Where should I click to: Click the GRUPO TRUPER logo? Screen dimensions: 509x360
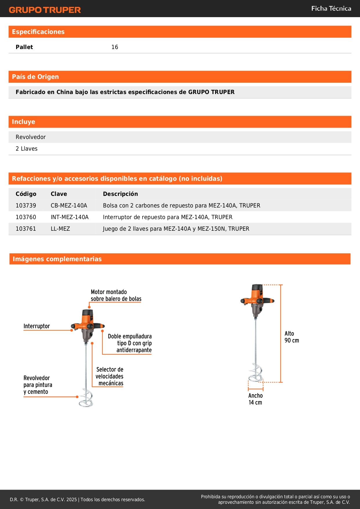pos(45,10)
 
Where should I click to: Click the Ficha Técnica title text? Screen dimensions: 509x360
pos(331,9)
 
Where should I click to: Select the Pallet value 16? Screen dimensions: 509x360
pos(115,47)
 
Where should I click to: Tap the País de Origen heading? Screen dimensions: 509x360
pos(35,77)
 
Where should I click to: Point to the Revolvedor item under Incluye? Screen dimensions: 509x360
pos(31,137)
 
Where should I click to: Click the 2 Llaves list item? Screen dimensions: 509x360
pos(27,149)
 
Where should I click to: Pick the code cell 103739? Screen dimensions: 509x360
pos(26,205)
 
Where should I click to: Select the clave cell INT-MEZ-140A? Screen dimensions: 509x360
pos(70,217)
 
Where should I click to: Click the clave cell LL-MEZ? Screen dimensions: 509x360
pos(60,229)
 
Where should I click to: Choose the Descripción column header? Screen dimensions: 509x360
pos(120,194)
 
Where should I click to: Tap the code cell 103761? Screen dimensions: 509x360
pos(26,229)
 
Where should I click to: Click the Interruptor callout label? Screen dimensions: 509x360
pos(37,326)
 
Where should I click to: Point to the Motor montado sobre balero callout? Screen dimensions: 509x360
pos(116,295)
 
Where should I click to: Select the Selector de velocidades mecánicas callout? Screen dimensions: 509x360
pos(110,376)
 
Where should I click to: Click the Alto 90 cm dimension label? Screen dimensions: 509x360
pos(292,337)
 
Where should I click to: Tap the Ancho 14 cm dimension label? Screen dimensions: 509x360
pos(255,399)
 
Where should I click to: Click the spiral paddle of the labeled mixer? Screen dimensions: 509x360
pos(86,398)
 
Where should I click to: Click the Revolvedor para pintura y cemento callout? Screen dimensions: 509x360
pos(38,385)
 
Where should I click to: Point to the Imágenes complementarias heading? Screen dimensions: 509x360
pos(57,259)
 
